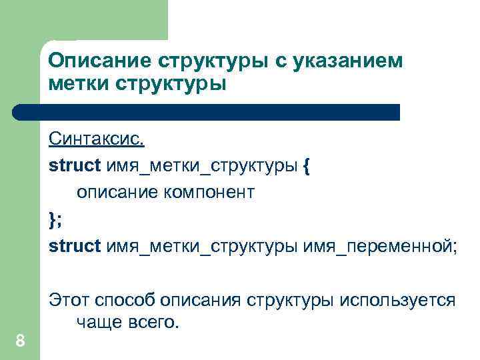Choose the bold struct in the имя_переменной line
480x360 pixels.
pos(74,247)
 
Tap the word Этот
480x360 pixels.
pos(68,301)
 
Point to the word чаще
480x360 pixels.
pos(98,323)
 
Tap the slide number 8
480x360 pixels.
pos(20,342)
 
